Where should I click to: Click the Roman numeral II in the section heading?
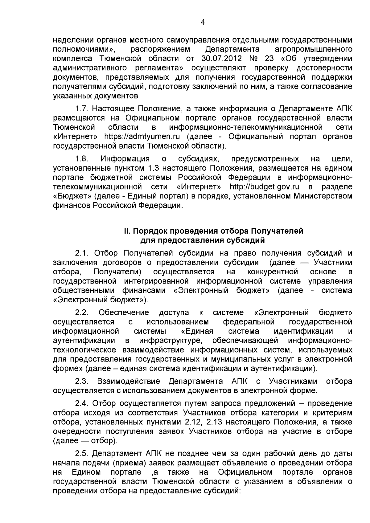(126, 231)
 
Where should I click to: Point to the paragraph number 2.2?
(82, 313)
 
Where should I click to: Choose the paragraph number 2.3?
(82, 381)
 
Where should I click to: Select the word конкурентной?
(273, 272)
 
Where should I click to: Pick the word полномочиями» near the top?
(84, 49)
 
